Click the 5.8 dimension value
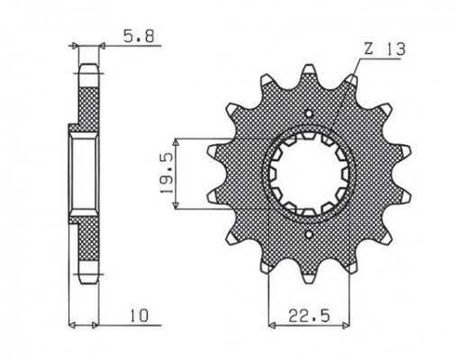[139, 36]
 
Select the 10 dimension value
[139, 316]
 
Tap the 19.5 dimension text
[167, 173]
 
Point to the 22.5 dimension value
[309, 316]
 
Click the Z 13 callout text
[385, 49]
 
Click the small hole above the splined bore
[309, 114]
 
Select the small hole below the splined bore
[309, 234]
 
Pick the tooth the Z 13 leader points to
[351, 82]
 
